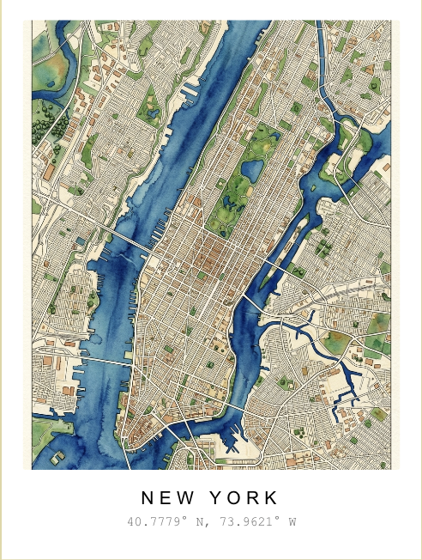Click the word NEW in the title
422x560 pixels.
167,498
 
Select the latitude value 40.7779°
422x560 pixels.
157,521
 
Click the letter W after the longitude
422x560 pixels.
292,521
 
